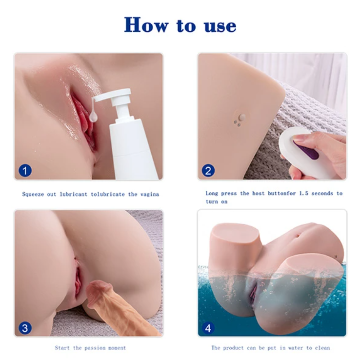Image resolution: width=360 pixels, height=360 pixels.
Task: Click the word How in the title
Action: pos(146,24)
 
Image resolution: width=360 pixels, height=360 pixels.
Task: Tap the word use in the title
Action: pos(220,26)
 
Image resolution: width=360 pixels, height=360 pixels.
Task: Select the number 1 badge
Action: pos(25,171)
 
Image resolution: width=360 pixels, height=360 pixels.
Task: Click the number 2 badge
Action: pos(208,171)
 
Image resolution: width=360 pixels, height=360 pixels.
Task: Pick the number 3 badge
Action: pos(25,328)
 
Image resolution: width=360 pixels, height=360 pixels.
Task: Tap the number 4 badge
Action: pos(208,328)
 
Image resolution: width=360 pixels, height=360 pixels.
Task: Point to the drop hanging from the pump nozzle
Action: pos(94,117)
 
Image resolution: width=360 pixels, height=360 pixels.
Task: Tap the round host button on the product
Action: pos(242,118)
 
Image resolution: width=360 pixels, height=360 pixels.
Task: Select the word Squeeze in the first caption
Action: pos(33,195)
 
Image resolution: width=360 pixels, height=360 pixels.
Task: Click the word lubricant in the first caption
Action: pos(74,194)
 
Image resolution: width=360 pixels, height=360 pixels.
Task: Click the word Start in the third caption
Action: pos(62,348)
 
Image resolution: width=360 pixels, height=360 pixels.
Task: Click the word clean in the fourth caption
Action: pos(322,348)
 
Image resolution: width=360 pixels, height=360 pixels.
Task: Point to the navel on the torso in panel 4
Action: pos(297,235)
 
